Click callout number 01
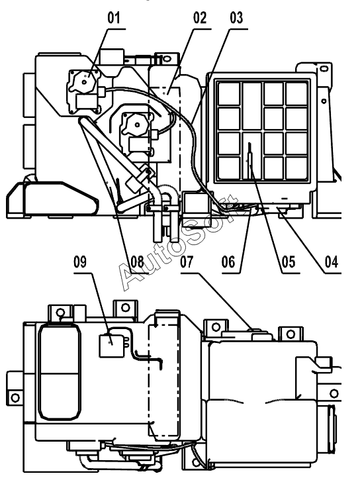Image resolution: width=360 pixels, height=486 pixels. point(113,18)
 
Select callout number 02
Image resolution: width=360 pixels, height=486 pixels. point(199,18)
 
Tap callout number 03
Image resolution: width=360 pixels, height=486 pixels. point(236,18)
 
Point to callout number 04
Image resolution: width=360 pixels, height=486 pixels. point(331,262)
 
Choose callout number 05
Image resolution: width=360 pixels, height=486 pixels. point(289,262)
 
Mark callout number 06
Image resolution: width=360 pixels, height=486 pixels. point(228,262)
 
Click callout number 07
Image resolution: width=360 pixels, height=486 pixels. point(187,262)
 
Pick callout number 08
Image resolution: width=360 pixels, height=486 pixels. point(138,262)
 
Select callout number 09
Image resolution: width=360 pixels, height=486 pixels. point(80,262)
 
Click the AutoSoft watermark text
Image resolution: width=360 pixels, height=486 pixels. point(178,243)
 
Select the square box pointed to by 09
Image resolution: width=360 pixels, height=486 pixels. point(111,346)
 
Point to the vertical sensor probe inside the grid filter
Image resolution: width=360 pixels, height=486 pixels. point(249,160)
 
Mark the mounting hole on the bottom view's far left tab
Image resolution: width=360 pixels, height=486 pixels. point(15,397)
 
